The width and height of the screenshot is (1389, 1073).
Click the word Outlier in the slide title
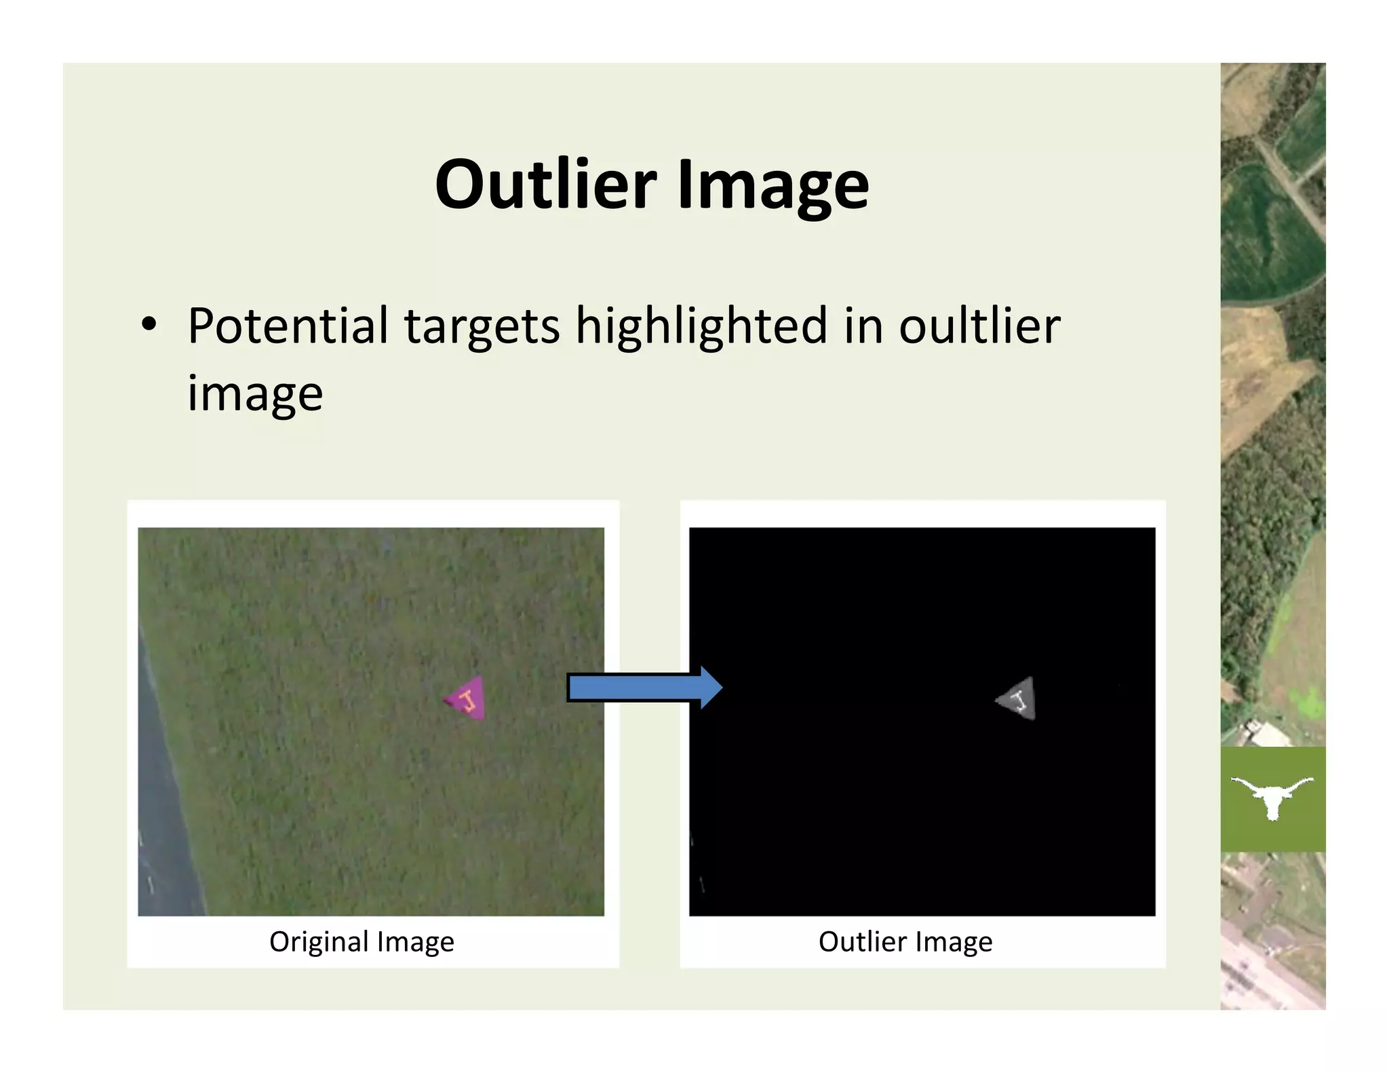tap(545, 184)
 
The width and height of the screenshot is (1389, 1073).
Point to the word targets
tap(482, 327)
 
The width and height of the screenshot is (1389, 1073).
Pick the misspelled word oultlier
tap(979, 326)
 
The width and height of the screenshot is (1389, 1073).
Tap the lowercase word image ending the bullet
tap(255, 393)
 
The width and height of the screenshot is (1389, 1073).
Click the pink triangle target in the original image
tap(468, 698)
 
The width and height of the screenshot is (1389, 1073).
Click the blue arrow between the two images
tap(644, 688)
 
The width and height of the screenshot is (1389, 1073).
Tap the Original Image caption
tap(361, 941)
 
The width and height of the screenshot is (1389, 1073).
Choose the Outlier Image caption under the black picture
tap(905, 941)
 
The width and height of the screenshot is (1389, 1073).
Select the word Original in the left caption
tap(318, 941)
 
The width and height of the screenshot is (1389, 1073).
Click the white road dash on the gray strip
tap(150, 884)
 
